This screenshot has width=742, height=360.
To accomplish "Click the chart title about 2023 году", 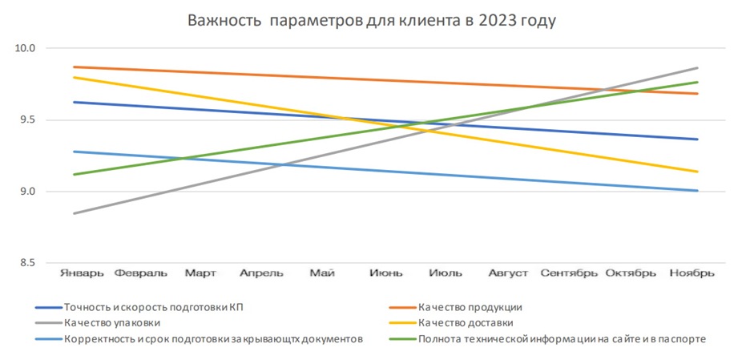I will [371, 20].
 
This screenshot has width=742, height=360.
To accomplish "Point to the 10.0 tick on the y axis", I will [26, 48].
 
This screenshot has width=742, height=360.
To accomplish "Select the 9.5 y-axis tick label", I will [26, 120].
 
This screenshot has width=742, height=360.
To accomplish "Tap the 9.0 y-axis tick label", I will [26, 192].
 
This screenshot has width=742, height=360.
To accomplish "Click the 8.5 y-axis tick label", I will [26, 263].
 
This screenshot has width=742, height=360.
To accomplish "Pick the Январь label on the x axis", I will [82, 273].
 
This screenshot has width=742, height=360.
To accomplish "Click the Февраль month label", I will [141, 273].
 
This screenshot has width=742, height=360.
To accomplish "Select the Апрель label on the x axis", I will [261, 273].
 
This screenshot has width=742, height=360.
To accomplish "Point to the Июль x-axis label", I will [446, 273].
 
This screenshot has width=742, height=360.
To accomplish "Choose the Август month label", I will [508, 273].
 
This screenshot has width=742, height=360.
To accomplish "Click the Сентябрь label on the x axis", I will [569, 273].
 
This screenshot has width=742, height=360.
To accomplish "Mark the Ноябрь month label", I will [692, 273].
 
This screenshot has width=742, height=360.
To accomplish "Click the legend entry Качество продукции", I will [470, 307].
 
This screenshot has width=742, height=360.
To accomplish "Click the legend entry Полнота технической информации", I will [562, 338].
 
